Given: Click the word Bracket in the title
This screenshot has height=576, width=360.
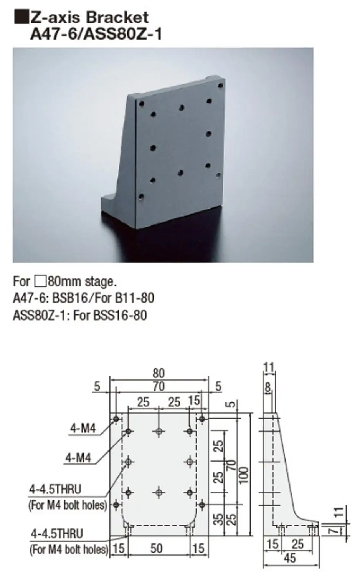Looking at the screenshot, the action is point(117,18).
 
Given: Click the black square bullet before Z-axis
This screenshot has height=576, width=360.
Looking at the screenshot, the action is point(21,18).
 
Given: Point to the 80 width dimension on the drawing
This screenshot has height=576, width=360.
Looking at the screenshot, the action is point(159,373).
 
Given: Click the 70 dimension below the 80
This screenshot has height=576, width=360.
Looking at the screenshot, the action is point(159,386).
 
